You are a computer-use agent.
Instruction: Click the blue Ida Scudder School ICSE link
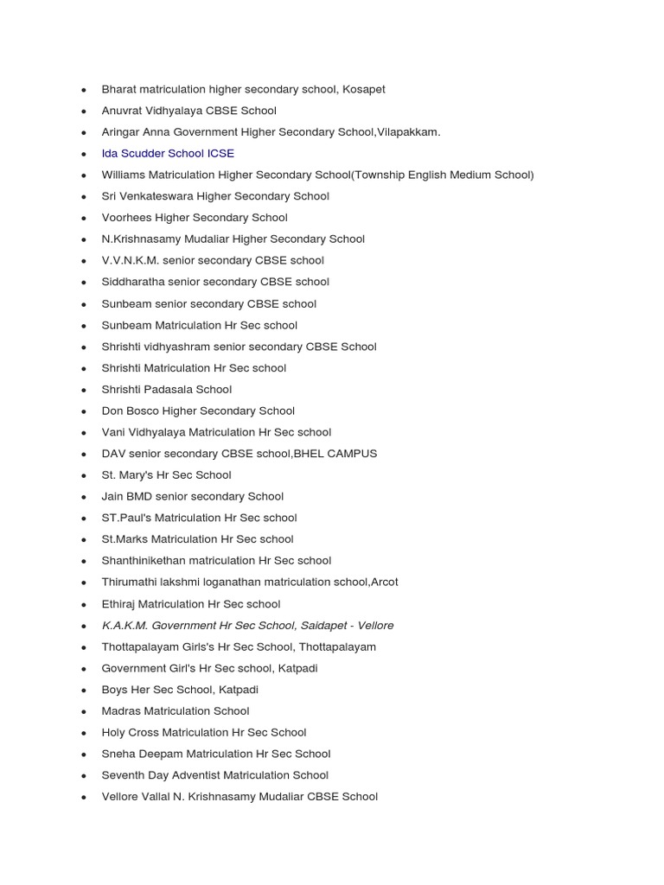tap(168, 154)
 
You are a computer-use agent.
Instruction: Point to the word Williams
tap(124, 175)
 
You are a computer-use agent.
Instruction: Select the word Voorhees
tap(126, 218)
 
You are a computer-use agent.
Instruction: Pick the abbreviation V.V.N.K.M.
tap(131, 260)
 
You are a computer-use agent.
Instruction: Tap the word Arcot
tap(385, 582)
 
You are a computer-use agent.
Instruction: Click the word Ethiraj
tap(118, 604)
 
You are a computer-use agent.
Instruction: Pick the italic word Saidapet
tap(325, 625)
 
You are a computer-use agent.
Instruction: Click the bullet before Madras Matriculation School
tap(84, 711)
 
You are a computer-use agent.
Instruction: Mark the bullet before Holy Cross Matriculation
tap(84, 733)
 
